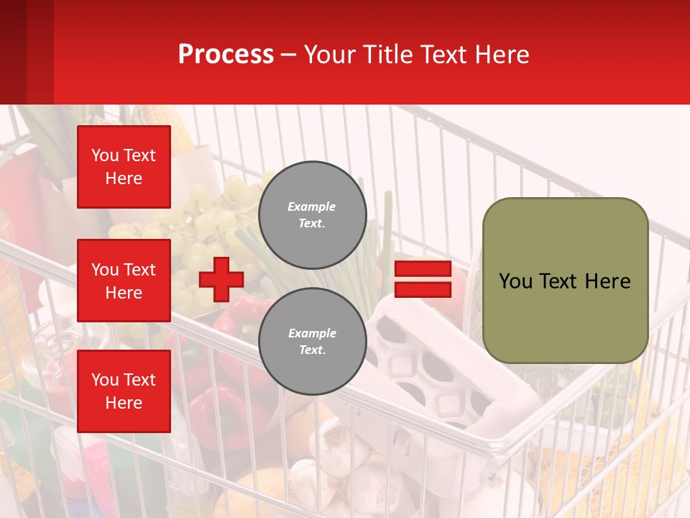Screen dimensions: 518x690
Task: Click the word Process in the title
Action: point(226,55)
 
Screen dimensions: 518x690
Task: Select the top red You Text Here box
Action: point(124,167)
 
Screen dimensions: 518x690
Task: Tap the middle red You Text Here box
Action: point(124,281)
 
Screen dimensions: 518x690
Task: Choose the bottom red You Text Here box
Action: point(124,391)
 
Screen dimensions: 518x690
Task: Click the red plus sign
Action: point(221,279)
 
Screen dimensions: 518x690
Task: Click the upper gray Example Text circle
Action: point(312,214)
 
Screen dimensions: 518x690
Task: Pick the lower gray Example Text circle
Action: point(312,341)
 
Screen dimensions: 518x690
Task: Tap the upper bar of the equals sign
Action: point(423,269)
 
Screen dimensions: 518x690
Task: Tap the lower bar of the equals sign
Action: point(423,289)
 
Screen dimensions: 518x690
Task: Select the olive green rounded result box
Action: point(565,281)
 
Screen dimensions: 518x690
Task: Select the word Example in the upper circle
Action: point(312,206)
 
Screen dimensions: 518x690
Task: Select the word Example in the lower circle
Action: point(312,333)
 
